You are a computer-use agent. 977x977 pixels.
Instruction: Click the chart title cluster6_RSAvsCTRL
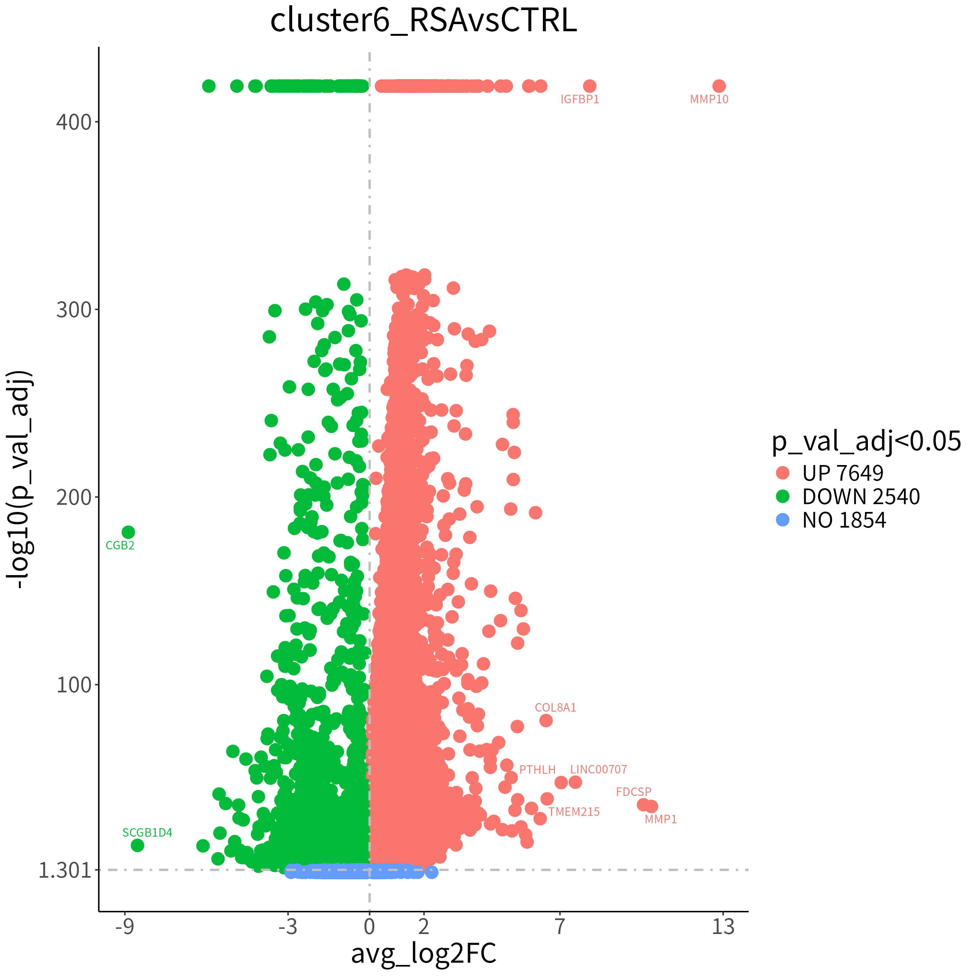point(423,21)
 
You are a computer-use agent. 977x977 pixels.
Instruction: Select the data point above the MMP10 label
point(719,86)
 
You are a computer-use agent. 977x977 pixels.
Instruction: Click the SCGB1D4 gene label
point(147,832)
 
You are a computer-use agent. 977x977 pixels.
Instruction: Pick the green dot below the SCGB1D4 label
point(137,845)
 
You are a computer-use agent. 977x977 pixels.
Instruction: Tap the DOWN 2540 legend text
point(861,497)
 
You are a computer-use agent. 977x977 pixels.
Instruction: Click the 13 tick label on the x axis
point(723,927)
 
